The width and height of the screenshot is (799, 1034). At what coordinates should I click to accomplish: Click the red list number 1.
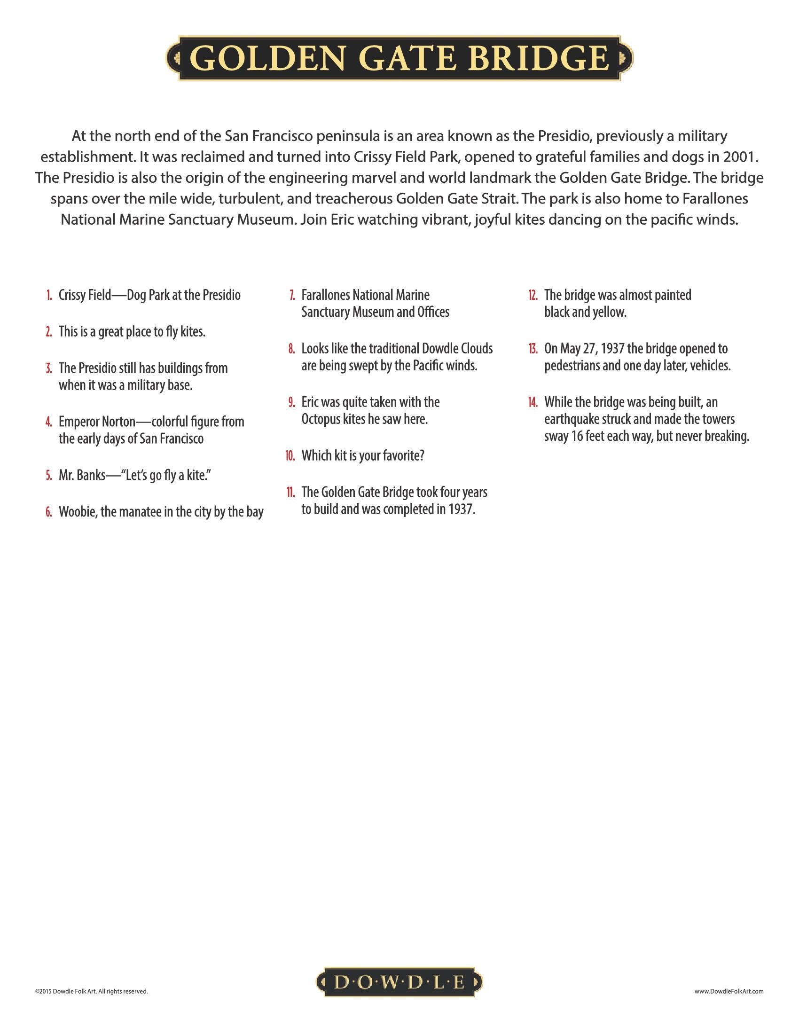tap(49, 296)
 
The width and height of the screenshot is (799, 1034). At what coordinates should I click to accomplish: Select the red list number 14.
tap(533, 403)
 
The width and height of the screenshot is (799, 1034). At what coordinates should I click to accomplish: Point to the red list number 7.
tap(292, 296)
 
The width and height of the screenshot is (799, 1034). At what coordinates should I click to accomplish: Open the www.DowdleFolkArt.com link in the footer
tap(729, 991)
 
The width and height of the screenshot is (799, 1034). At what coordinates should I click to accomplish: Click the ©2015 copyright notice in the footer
tap(91, 991)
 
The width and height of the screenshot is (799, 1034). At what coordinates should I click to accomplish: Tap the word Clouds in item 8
tap(473, 349)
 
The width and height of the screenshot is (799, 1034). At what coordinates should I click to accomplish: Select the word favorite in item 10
tap(403, 456)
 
